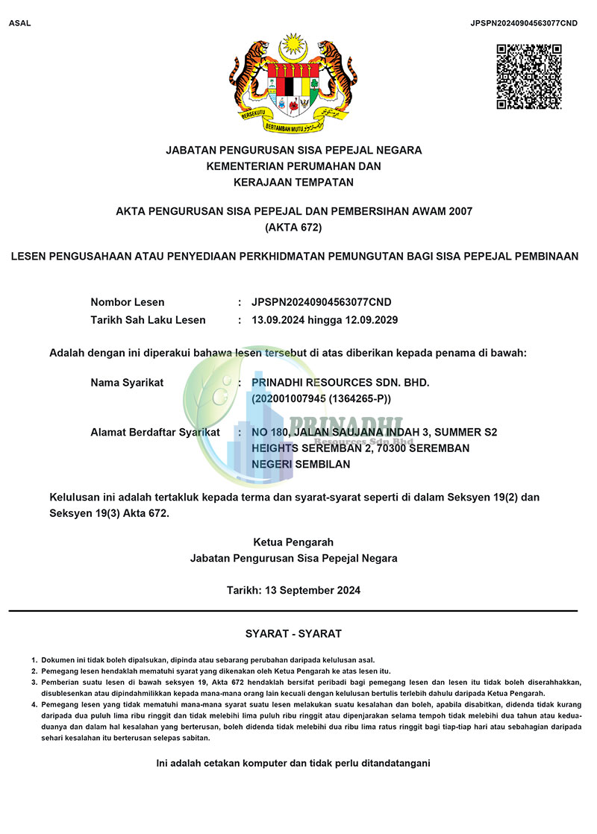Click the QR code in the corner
528,77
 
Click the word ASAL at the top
20,23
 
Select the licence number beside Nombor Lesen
322,302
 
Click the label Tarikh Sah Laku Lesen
148,320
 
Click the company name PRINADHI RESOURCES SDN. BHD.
341,383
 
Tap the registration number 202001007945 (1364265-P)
322,399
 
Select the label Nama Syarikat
127,383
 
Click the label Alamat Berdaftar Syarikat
155,432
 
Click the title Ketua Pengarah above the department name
293,542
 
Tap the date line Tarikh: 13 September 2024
293,590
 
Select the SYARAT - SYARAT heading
293,633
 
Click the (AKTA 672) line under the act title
293,228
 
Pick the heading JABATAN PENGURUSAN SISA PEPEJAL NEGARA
293,150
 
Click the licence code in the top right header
524,23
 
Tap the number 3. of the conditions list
34,682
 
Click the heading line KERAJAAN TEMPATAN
293,181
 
